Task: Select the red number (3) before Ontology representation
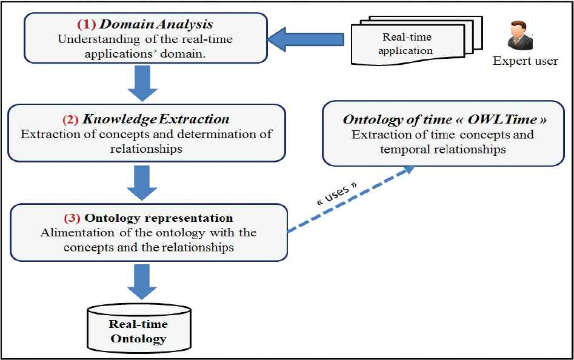point(73,218)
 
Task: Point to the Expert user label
point(525,61)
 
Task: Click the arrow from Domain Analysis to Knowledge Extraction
point(143,83)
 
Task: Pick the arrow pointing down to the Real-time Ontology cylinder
point(143,281)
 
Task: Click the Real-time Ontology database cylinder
point(139,330)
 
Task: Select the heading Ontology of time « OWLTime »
point(444,119)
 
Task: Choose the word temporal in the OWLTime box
point(404,148)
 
